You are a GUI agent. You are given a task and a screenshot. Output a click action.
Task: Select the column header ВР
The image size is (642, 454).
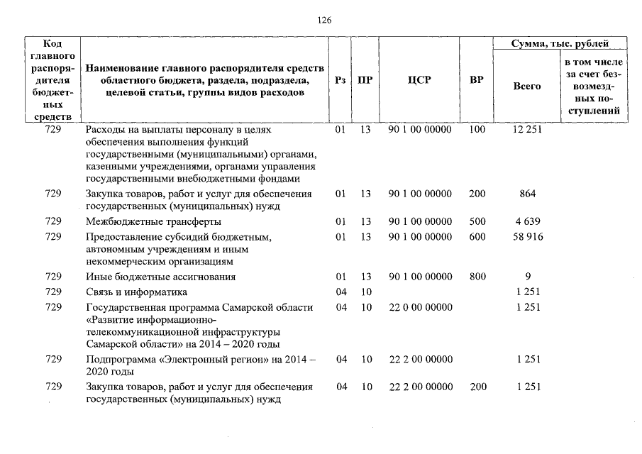477,80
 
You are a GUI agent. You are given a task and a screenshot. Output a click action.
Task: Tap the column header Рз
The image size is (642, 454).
340,80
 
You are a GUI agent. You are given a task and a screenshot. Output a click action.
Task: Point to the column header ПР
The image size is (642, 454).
365,80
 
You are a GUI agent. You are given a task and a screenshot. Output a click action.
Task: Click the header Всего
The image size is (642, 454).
526,86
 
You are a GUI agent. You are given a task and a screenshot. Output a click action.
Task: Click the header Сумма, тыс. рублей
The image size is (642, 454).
560,43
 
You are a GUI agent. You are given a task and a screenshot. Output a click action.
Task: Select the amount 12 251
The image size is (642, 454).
526,131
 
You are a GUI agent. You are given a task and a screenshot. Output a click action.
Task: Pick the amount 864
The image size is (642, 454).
526,194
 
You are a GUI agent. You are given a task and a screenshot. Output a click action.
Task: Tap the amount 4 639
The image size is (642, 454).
526,221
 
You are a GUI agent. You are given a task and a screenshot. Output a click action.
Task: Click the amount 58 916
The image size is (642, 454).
526,236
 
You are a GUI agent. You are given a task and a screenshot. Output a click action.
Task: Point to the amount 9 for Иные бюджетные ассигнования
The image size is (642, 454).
526,277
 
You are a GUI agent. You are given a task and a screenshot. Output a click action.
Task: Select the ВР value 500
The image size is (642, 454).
477,221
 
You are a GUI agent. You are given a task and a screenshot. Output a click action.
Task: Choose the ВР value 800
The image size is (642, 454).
477,277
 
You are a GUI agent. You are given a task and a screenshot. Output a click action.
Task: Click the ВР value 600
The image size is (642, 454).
477,236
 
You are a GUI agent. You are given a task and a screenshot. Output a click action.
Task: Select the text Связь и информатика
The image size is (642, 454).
136,292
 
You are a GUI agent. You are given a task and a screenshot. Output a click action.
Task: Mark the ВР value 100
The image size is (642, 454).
477,131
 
